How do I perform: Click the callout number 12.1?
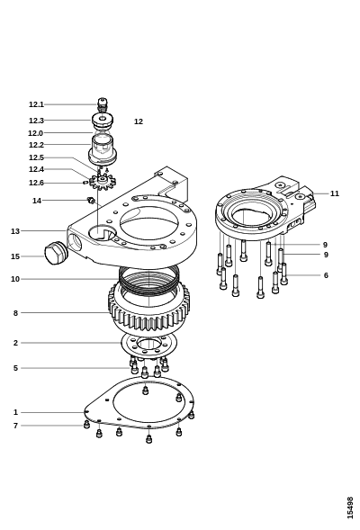(36, 104)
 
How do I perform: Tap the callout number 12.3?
(36, 121)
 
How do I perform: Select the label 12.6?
(36, 183)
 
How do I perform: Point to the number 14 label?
(37, 201)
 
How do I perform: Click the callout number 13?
(15, 231)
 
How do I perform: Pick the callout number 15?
(15, 256)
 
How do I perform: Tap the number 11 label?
(334, 193)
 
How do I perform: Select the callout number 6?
(326, 275)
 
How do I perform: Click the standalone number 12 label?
(139, 121)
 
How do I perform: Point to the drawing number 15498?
(350, 508)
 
